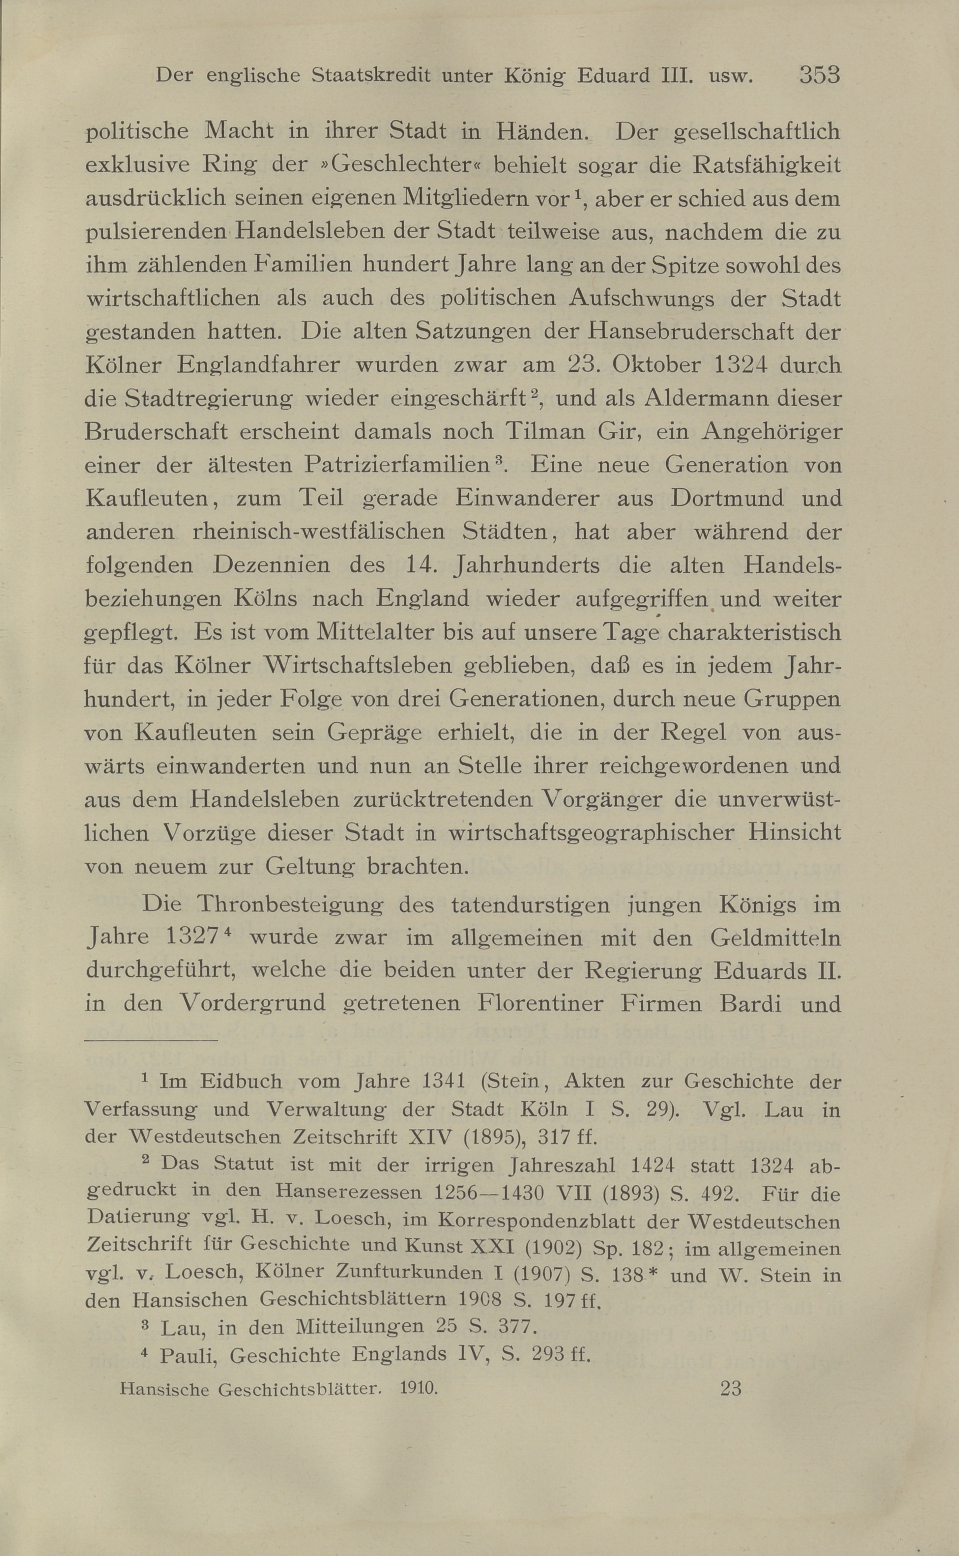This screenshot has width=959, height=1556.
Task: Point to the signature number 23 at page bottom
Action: tap(731, 1389)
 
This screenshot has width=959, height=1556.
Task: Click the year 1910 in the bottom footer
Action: tap(419, 1389)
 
